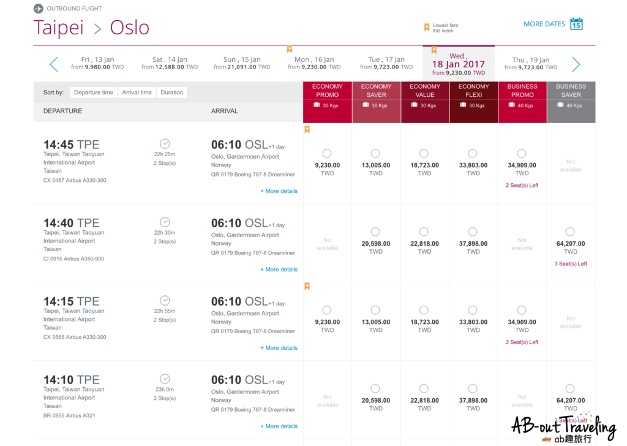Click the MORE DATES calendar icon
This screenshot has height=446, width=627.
tap(576, 24)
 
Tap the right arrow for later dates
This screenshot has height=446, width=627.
tap(576, 64)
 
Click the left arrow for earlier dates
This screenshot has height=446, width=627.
tap(54, 64)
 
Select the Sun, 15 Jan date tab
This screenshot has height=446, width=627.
tap(242, 63)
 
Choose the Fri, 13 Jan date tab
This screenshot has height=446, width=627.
tap(97, 63)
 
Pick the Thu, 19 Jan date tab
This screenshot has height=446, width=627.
tap(531, 63)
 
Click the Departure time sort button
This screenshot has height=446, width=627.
tap(94, 93)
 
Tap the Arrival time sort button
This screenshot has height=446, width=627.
tap(137, 93)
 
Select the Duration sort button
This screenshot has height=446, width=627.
tap(171, 93)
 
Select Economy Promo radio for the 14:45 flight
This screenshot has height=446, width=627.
tap(327, 153)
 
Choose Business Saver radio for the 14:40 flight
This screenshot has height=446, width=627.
tap(570, 232)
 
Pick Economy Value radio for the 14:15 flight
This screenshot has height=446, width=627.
tap(424, 310)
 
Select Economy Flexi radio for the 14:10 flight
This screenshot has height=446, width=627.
tap(473, 388)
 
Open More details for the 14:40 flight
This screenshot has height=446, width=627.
tap(279, 270)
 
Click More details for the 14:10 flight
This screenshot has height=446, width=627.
tap(279, 426)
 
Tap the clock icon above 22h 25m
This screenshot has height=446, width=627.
tap(165, 143)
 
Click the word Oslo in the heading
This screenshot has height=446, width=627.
tap(130, 28)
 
